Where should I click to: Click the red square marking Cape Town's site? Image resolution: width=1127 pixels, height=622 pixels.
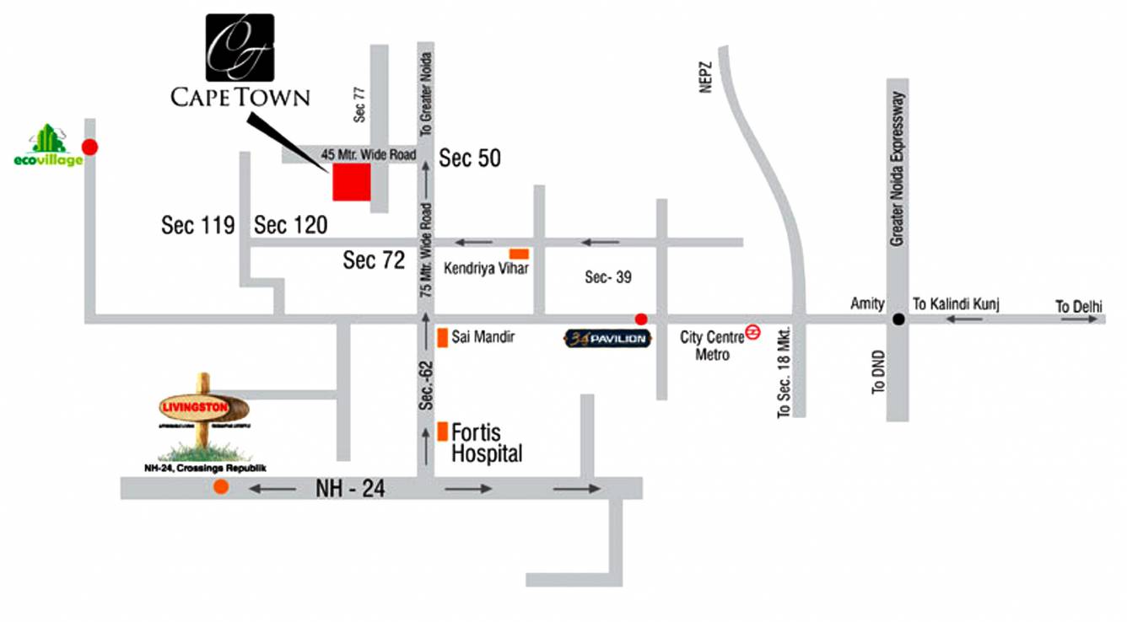coord(352,183)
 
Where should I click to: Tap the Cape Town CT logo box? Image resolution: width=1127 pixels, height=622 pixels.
coord(240,48)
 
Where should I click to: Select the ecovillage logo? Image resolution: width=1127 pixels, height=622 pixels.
coord(48,146)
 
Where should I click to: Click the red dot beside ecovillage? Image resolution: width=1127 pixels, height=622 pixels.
coord(89,147)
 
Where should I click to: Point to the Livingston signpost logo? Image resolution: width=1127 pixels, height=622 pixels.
coord(202,411)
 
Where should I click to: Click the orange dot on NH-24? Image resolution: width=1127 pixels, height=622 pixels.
coord(221,486)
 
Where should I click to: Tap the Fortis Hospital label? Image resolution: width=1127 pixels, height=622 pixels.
coord(487,442)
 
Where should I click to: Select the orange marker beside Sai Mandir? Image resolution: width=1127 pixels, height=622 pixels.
coord(441,338)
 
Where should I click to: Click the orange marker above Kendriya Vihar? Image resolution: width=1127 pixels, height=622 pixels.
coord(519,254)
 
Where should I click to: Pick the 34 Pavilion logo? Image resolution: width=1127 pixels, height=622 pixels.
coord(607,340)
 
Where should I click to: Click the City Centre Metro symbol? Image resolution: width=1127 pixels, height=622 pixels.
coord(753,333)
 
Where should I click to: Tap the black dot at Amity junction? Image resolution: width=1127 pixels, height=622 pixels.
coord(898,319)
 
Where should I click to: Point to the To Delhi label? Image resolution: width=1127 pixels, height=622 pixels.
coord(1079,307)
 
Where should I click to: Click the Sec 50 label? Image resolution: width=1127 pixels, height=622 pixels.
coord(470,158)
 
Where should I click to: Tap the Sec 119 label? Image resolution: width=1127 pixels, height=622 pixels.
coord(197,225)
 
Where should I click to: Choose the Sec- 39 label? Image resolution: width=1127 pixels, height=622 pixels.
coord(608,277)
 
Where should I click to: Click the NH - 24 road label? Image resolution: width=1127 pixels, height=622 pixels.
coord(350,488)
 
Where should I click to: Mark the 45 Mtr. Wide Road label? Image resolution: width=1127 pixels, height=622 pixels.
coord(369,154)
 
